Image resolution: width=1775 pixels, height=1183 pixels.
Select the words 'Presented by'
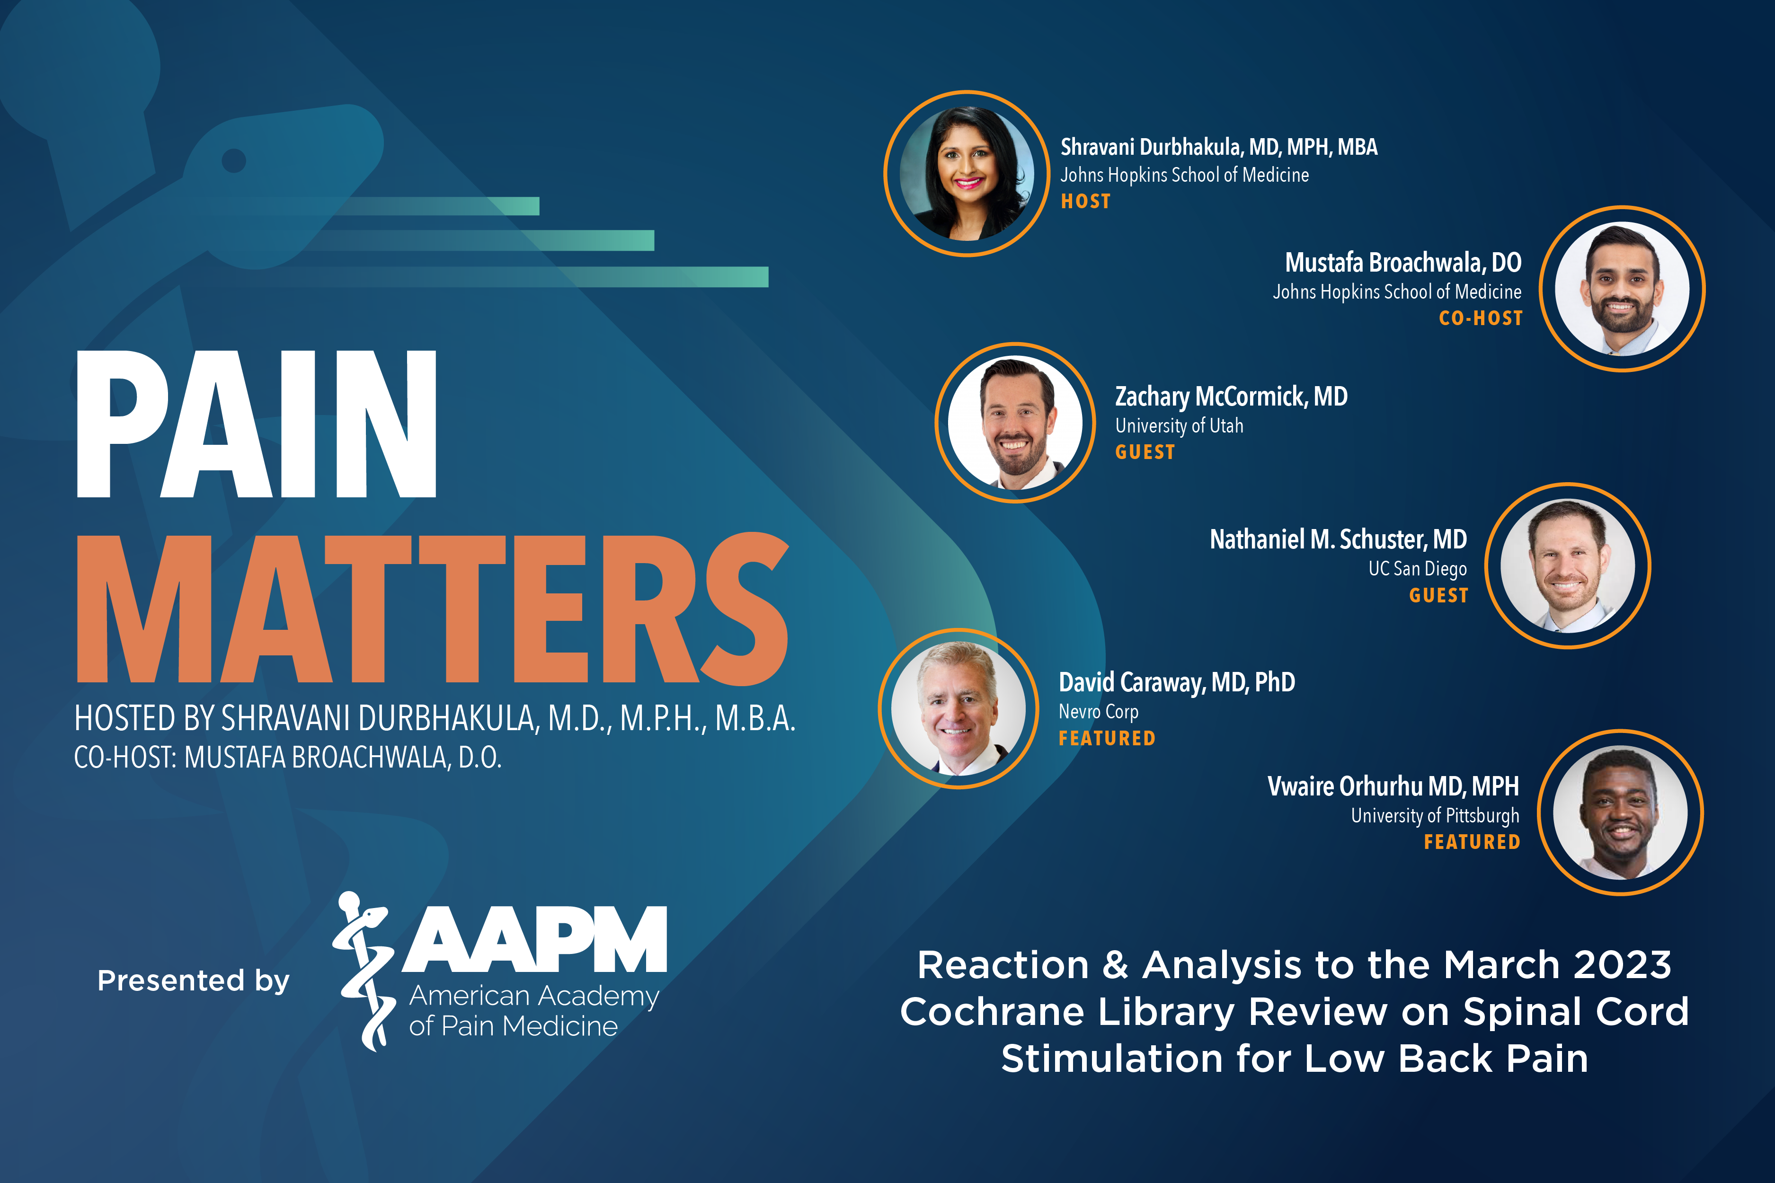coord(193,981)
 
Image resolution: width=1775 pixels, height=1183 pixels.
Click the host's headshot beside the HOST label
coord(967,174)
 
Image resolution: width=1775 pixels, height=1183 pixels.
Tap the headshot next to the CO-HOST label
coord(1622,289)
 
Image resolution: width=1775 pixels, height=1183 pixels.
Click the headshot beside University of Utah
coord(1015,423)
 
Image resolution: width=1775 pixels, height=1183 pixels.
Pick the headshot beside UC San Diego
coord(1568,566)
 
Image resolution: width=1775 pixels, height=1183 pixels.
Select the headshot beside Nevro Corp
coord(958,708)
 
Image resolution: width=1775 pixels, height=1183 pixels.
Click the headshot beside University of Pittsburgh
coord(1620,812)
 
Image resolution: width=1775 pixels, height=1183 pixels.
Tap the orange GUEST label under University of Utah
coord(1145,452)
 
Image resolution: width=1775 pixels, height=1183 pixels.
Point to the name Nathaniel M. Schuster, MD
coord(1338,539)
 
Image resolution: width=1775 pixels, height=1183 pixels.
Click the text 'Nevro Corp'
coord(1098,712)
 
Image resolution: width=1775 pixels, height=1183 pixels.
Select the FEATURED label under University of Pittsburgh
coord(1472,842)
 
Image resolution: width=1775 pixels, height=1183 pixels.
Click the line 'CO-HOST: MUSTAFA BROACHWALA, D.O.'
coord(287,758)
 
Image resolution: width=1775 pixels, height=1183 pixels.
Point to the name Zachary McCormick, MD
coord(1231,397)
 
